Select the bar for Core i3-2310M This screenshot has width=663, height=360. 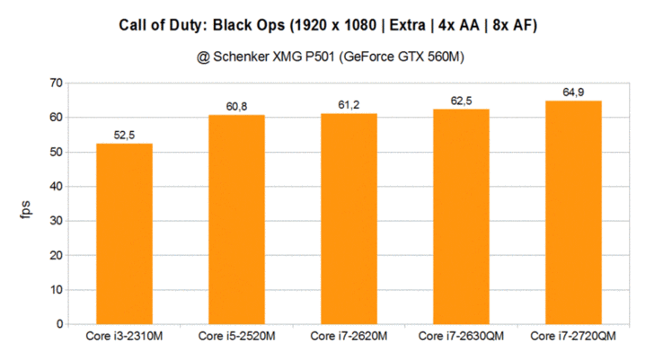coord(124,233)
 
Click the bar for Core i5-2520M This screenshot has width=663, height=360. coord(236,219)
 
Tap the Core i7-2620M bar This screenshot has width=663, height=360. coord(349,218)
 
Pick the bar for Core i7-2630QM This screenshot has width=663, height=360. coord(461,216)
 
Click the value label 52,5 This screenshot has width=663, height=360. coord(125,135)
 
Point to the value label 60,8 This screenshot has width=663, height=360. coord(237,107)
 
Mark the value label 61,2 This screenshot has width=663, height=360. coord(349,105)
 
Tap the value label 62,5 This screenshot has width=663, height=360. coord(462,101)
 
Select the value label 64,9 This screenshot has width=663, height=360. coord(574,92)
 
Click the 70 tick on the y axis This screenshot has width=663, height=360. coord(57,83)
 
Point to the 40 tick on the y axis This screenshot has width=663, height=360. coord(57,187)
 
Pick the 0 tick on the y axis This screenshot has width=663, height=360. coord(60,324)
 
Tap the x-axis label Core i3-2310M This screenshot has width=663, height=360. coord(124,337)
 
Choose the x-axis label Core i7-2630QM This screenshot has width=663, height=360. coord(461,337)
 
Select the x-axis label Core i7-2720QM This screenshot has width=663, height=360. coord(573,337)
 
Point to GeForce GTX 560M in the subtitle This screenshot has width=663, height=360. coord(410,57)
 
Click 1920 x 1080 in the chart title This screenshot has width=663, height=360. coord(344,24)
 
